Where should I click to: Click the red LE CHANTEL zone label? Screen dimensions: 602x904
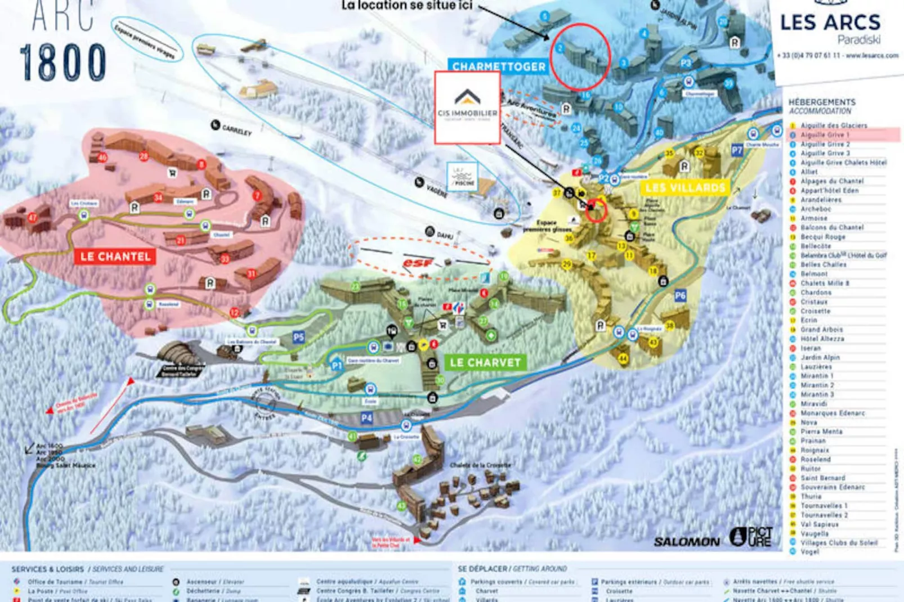pyautogui.click(x=115, y=257)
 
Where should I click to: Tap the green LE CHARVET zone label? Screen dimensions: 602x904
pyautogui.click(x=485, y=362)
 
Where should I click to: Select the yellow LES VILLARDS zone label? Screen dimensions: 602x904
pyautogui.click(x=685, y=187)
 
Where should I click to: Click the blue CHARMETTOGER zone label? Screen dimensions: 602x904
pyautogui.click(x=499, y=66)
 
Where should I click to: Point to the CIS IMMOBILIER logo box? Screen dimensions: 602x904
pyautogui.click(x=467, y=107)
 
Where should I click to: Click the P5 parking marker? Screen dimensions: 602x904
pyautogui.click(x=298, y=337)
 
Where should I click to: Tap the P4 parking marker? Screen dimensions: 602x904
pyautogui.click(x=366, y=417)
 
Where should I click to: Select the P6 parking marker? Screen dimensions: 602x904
pyautogui.click(x=680, y=295)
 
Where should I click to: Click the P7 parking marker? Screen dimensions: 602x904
pyautogui.click(x=737, y=150)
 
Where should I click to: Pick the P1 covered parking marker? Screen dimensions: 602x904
pyautogui.click(x=337, y=365)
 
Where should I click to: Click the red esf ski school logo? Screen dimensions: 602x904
pyautogui.click(x=417, y=263)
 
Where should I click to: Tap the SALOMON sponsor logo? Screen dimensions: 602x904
pyautogui.click(x=686, y=541)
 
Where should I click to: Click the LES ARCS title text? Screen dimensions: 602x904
pyautogui.click(x=830, y=23)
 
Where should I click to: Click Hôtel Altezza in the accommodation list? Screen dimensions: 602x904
pyautogui.click(x=822, y=339)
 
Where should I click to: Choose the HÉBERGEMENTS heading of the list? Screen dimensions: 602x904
pyautogui.click(x=821, y=102)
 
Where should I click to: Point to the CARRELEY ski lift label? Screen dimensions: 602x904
pyautogui.click(x=236, y=130)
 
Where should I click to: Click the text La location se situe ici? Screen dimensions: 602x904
pyautogui.click(x=406, y=6)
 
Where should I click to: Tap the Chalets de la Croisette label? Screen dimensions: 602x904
pyautogui.click(x=480, y=465)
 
